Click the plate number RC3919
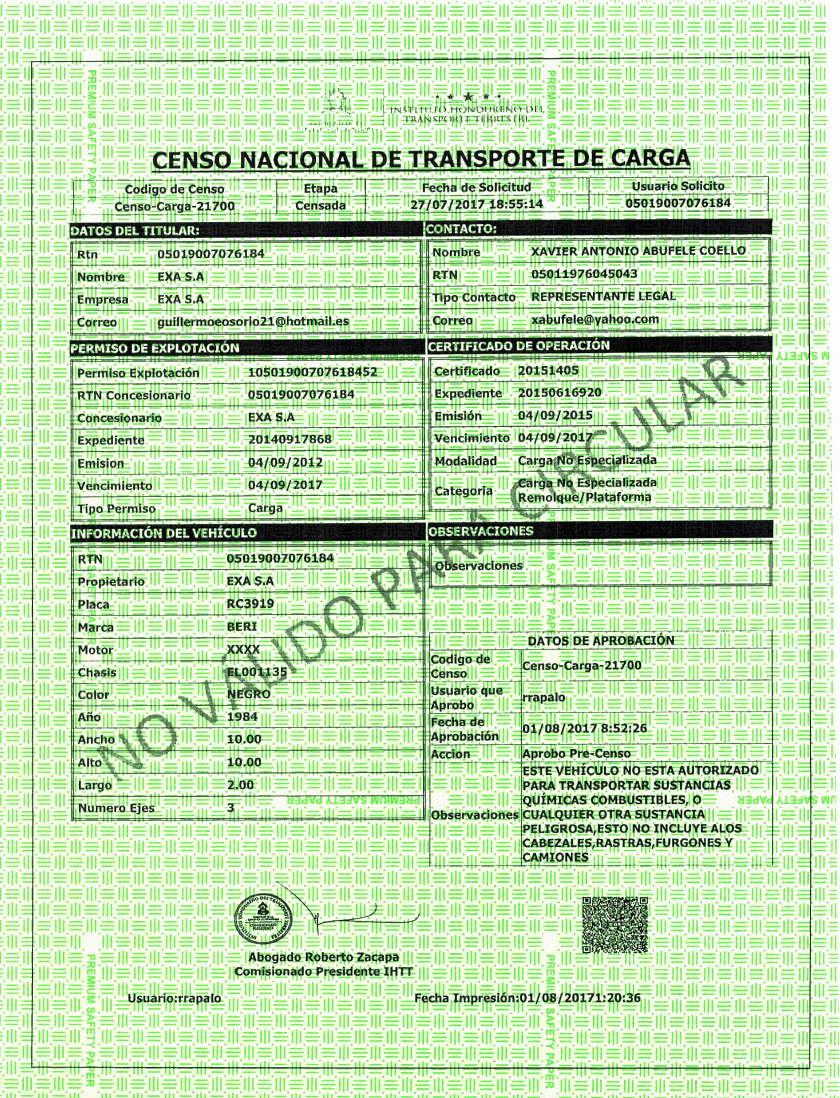click(250, 603)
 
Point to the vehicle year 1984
click(243, 716)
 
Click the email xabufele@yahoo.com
click(595, 319)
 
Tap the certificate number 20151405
click(548, 370)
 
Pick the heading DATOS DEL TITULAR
click(135, 231)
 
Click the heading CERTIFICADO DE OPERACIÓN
click(519, 346)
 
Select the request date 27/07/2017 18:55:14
click(477, 205)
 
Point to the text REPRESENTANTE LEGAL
click(603, 296)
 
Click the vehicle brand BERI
click(242, 626)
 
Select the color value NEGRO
click(248, 694)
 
